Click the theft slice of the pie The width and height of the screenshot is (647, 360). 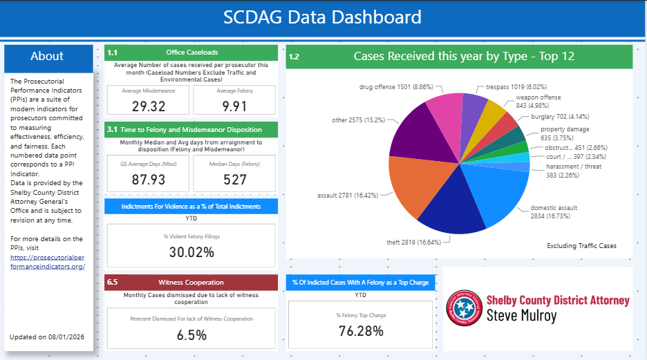click(450, 202)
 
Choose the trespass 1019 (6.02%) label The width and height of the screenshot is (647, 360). click(516, 87)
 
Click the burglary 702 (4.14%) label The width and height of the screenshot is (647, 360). click(560, 117)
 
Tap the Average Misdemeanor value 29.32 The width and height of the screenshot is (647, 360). click(149, 106)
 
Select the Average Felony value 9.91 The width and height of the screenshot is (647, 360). click(234, 106)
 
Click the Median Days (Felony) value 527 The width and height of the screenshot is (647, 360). click(235, 180)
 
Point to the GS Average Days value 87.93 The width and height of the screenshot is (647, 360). click(149, 180)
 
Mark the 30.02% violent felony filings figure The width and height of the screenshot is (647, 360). click(191, 252)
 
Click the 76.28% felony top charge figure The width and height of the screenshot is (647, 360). click(361, 331)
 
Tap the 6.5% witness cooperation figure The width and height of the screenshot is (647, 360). click(191, 335)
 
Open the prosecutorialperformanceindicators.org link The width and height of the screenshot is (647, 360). click(48, 262)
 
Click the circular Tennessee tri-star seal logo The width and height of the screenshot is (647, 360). click(465, 307)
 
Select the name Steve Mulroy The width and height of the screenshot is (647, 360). click(522, 316)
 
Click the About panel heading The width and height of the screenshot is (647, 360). click(47, 56)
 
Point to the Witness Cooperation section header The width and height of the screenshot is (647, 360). click(191, 283)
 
